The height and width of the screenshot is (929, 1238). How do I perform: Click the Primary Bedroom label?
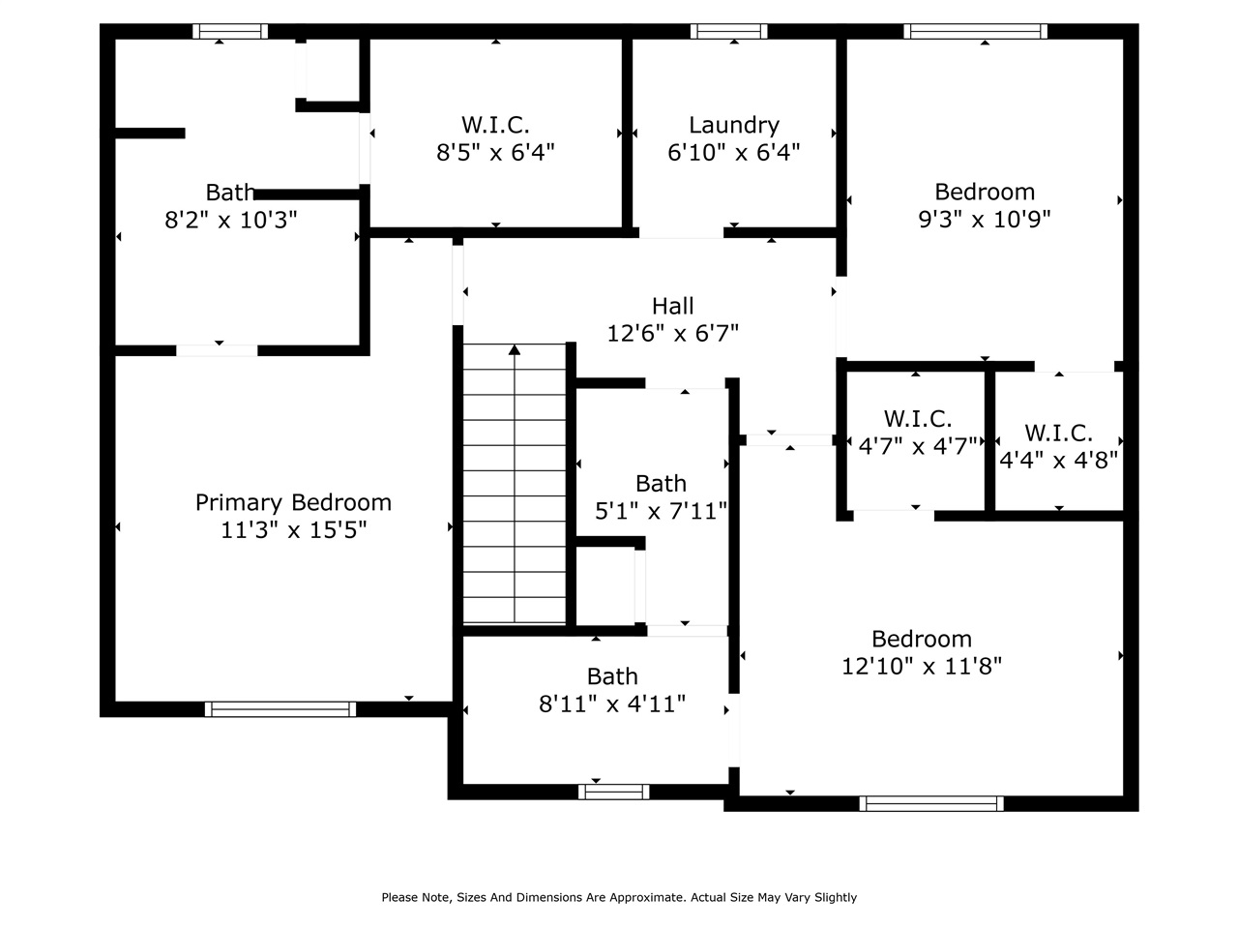(x=293, y=502)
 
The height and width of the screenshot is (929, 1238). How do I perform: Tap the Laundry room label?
(x=734, y=125)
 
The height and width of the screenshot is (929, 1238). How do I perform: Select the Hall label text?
(x=672, y=307)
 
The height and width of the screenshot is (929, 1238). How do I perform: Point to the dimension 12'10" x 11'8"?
(x=922, y=666)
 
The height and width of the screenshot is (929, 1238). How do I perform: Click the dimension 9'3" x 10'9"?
(x=985, y=219)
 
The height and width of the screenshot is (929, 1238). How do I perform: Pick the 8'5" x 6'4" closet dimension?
(x=495, y=152)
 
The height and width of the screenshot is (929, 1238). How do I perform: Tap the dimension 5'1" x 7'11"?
(x=661, y=511)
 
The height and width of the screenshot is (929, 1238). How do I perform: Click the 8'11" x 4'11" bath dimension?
(x=612, y=704)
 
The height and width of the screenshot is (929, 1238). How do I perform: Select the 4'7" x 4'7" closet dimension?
(x=918, y=446)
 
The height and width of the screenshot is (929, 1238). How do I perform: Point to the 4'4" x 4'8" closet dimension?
(x=1058, y=461)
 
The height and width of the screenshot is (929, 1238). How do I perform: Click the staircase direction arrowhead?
(x=514, y=349)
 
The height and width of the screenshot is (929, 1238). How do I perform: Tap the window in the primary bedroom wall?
(x=280, y=709)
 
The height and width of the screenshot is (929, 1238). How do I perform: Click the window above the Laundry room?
(x=728, y=31)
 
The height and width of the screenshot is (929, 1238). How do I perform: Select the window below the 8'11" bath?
(x=613, y=792)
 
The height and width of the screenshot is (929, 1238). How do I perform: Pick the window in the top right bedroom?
(x=975, y=31)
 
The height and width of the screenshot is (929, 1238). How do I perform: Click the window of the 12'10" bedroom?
(x=931, y=804)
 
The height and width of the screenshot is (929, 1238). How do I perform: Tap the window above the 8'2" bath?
(x=230, y=31)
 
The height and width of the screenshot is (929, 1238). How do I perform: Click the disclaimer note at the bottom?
(x=619, y=897)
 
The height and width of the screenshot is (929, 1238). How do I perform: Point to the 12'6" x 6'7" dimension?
(x=672, y=333)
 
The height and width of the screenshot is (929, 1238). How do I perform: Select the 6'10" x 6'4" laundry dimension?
(x=734, y=152)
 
